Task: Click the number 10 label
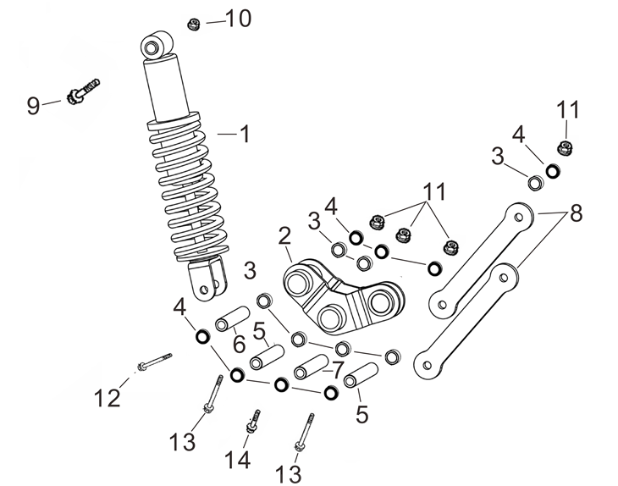(237, 19)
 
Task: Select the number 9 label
(33, 106)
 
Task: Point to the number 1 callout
(244, 134)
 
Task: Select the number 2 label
(284, 235)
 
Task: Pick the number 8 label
(576, 213)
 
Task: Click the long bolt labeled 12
(152, 362)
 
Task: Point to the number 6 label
(239, 344)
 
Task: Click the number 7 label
(339, 369)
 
